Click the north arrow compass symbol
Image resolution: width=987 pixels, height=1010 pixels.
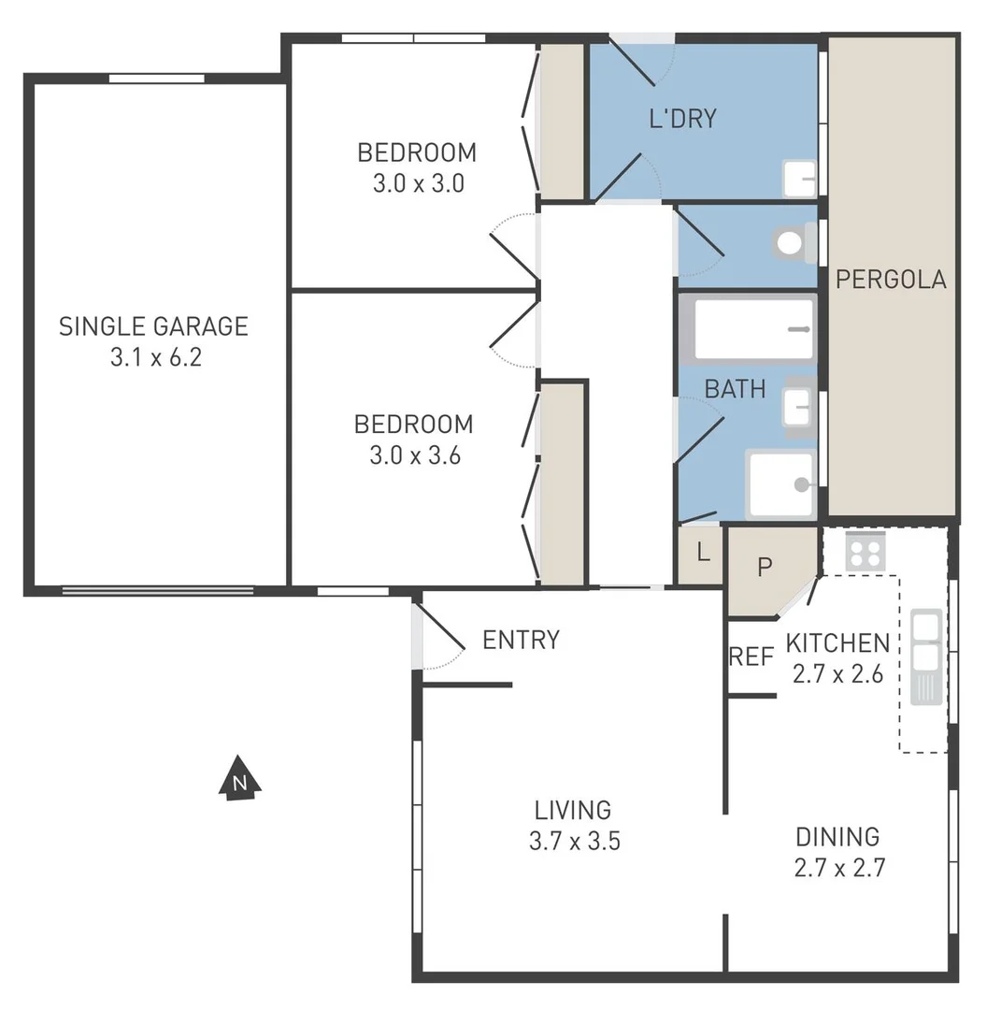tap(240, 778)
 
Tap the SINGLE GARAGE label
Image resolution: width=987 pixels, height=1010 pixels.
tap(153, 326)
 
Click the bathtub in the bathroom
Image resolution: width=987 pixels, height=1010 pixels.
tap(753, 329)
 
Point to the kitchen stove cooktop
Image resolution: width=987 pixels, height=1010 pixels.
tap(865, 551)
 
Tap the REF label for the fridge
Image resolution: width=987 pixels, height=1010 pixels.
tap(751, 656)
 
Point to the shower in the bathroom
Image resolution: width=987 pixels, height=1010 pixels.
tap(781, 483)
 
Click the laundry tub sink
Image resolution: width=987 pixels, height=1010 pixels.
tap(799, 178)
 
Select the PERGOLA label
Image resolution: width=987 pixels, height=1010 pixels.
tap(891, 280)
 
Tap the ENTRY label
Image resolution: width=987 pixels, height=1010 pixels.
tap(521, 640)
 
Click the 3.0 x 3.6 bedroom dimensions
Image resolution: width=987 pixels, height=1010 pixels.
tap(414, 455)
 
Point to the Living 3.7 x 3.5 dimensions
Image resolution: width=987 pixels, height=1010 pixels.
tap(574, 841)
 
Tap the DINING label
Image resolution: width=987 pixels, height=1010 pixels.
tap(837, 836)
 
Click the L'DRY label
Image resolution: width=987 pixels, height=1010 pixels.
tap(682, 119)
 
